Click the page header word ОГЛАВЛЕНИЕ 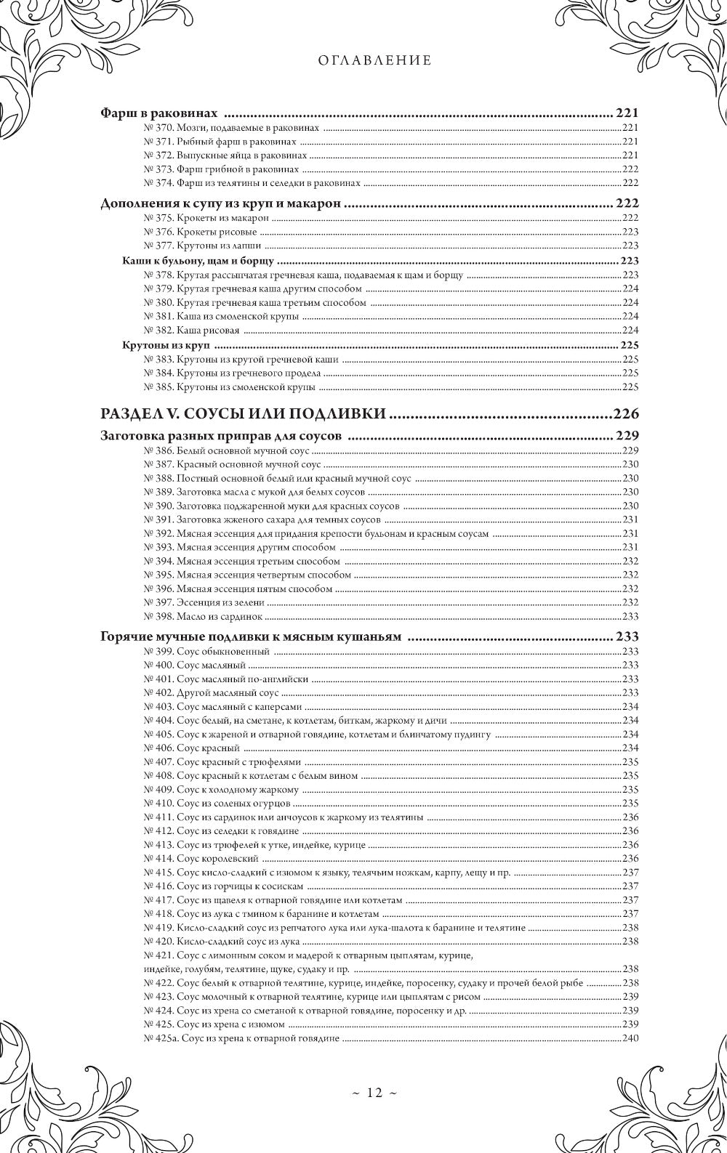[374, 61]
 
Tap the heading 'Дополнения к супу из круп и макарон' [220, 204]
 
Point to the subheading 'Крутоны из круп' [166, 344]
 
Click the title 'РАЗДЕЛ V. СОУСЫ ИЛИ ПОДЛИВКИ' [243, 414]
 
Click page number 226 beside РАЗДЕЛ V [625, 414]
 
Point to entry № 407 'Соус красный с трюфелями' [222, 761]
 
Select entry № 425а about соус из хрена [241, 1037]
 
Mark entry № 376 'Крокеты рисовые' [201, 232]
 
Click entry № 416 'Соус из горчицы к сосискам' [223, 886]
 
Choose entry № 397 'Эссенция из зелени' [204, 602]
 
